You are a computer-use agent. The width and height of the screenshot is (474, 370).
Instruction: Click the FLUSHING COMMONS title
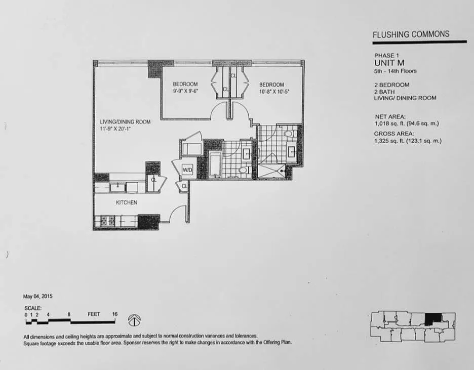click(411, 34)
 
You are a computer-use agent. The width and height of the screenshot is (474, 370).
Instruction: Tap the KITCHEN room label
click(127, 202)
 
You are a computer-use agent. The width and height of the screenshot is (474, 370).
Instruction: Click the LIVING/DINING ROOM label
click(125, 122)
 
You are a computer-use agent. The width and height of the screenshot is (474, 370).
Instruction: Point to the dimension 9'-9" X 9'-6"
click(185, 92)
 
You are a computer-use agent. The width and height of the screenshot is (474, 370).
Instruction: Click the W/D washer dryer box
click(187, 171)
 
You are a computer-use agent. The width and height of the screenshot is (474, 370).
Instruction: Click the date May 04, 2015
click(38, 296)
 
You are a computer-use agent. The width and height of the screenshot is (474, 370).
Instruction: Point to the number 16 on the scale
click(114, 314)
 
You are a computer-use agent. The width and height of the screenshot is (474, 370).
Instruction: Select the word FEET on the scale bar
click(94, 314)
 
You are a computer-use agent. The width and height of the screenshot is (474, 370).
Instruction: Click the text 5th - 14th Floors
click(396, 71)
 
